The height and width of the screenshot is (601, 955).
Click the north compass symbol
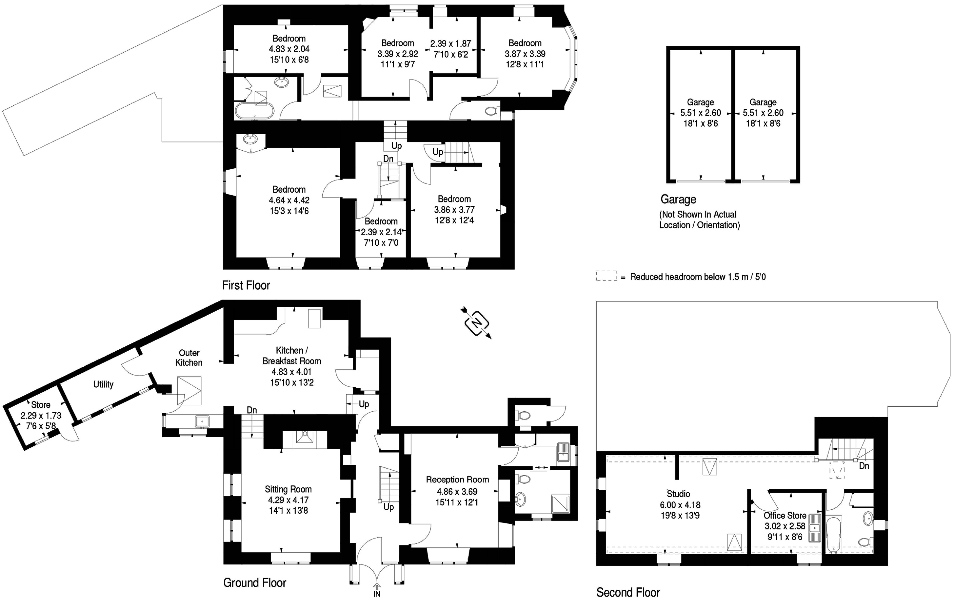tap(476, 322)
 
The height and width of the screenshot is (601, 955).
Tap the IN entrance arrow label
tap(377, 593)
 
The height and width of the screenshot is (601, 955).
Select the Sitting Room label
tap(288, 489)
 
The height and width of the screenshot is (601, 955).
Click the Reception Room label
tap(457, 480)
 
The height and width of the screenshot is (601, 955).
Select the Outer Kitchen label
tap(189, 357)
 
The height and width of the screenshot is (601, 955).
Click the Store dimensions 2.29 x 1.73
tap(41, 415)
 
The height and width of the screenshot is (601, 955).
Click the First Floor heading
tap(246, 285)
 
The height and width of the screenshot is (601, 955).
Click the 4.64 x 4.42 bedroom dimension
tap(289, 200)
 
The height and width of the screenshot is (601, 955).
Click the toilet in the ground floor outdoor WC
tap(524, 415)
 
